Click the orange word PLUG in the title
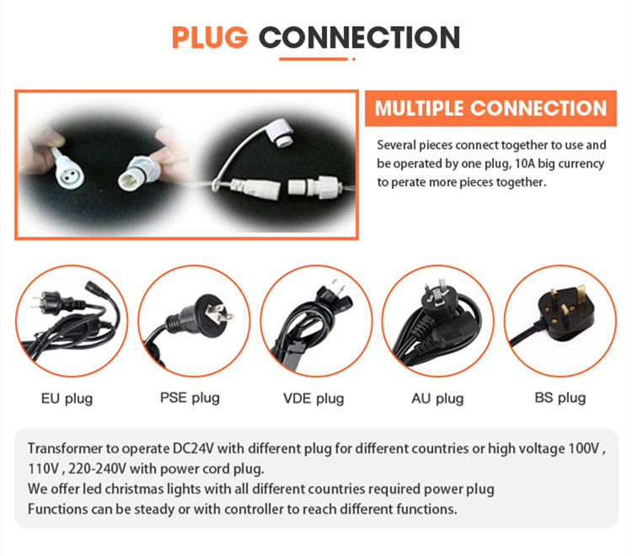[x=210, y=37]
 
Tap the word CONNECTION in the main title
[x=359, y=37]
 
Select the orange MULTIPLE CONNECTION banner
[x=490, y=109]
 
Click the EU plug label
[x=67, y=398]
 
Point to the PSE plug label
[x=190, y=398]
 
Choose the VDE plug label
[x=313, y=398]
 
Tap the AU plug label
[x=437, y=398]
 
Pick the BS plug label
[x=560, y=398]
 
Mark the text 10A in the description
[x=525, y=163]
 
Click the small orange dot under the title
[x=354, y=59]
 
